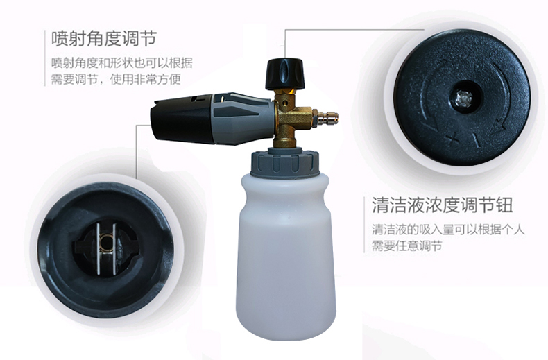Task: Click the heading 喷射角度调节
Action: coord(104,38)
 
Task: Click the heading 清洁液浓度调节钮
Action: coord(442,205)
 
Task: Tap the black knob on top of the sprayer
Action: coord(285,74)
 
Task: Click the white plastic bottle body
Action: coord(286,255)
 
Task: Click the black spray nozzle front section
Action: coord(182,119)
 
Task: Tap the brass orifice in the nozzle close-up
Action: coord(106,241)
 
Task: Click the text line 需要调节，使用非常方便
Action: coord(116,79)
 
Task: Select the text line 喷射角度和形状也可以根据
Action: coord(122,63)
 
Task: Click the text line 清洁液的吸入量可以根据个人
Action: coord(448,230)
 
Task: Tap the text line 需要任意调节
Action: coord(406,246)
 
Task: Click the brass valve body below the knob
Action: coord(291,117)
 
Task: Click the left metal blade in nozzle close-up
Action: coord(99,248)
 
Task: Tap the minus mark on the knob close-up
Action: coord(474,140)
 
